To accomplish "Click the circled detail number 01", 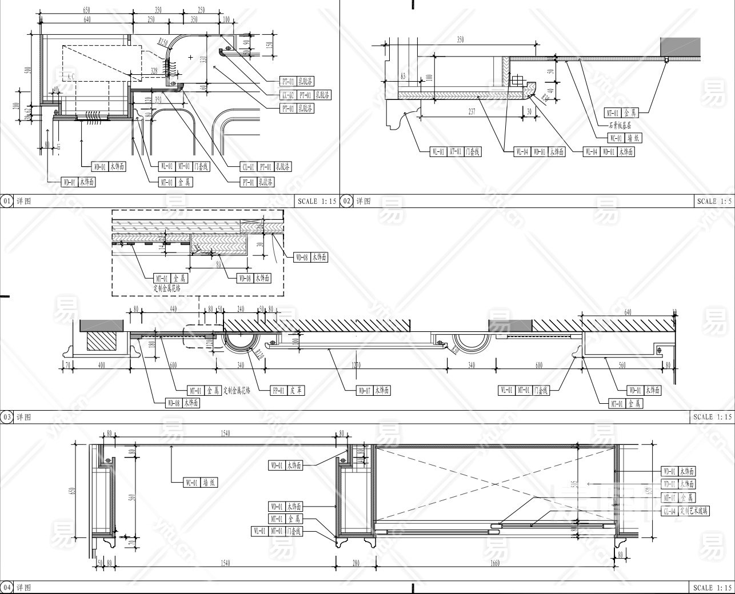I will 7,200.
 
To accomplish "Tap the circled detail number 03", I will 7,416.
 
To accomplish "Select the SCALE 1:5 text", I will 714,200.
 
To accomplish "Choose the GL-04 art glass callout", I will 685,511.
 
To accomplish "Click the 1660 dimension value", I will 495,563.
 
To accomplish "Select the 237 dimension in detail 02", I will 471,112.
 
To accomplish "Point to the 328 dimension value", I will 153,70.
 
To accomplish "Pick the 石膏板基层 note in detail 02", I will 618,125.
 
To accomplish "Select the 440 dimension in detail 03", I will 174,308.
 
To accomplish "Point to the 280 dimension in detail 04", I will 356,563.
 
